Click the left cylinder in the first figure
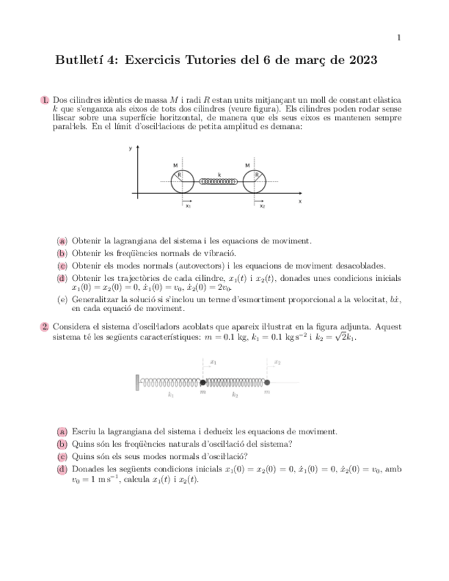(x=182, y=180)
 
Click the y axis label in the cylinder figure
(x=130, y=148)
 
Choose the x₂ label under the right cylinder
(x=262, y=206)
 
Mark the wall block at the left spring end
(x=138, y=381)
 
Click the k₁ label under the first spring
(x=171, y=395)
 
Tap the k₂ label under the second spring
(x=235, y=395)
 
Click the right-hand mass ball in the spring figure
(x=267, y=382)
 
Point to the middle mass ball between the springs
(x=203, y=382)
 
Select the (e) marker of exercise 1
(x=62, y=299)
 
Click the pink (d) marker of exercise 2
(x=62, y=469)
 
